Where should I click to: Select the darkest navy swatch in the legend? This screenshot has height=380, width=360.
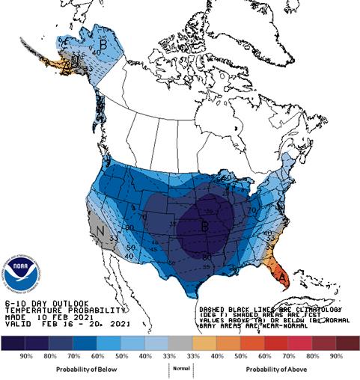(x=13, y=343)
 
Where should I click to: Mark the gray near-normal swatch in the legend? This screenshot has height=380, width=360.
(x=179, y=343)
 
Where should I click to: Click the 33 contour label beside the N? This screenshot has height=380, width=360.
(x=112, y=238)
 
